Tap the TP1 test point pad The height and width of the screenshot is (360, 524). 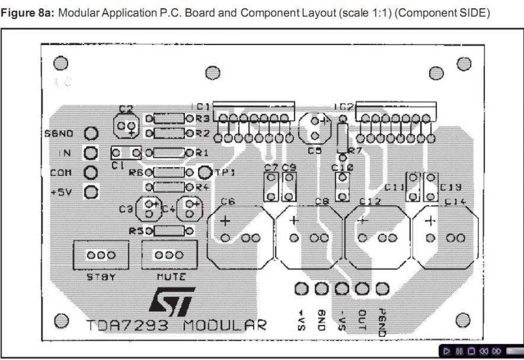(204, 172)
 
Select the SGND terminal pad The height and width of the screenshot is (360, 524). (92, 134)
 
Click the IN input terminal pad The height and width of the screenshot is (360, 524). (92, 153)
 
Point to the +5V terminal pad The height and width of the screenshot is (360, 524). (92, 192)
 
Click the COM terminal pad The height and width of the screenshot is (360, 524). (92, 172)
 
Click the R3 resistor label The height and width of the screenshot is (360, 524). (203, 119)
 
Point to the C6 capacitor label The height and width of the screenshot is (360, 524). (228, 201)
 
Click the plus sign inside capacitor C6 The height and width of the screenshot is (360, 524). (225, 221)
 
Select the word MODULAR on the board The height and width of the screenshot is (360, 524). (225, 325)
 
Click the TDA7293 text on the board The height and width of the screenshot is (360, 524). (128, 325)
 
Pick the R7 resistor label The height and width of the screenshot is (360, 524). (355, 151)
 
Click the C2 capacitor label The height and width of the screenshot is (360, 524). (126, 109)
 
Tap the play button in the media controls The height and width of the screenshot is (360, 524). (446, 351)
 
